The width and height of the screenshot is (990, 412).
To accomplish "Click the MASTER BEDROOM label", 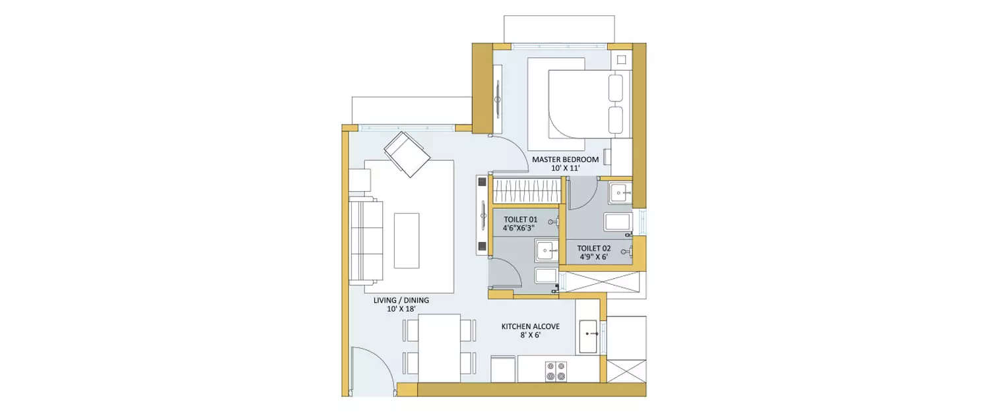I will coord(565,160).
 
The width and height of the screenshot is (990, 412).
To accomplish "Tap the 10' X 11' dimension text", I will coord(565,169).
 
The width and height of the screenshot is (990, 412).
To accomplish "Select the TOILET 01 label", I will coord(521,219).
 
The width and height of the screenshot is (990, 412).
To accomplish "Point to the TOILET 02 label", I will coord(594,249).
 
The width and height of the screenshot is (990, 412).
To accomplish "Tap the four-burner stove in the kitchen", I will coord(554,370).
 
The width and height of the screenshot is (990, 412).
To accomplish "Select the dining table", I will coord(439,347).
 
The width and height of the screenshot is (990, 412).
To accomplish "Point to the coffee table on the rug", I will coord(406,240).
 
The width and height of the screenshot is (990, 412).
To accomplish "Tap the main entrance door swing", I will coord(373,372).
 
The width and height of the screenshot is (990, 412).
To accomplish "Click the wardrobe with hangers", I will coord(527,192).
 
